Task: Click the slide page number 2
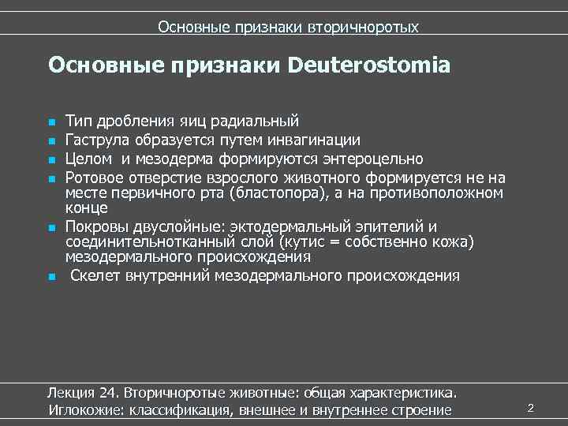530,408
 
